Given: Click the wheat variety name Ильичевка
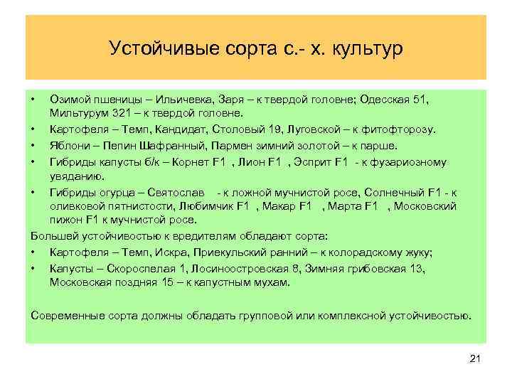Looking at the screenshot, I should pyautogui.click(x=182, y=97).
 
